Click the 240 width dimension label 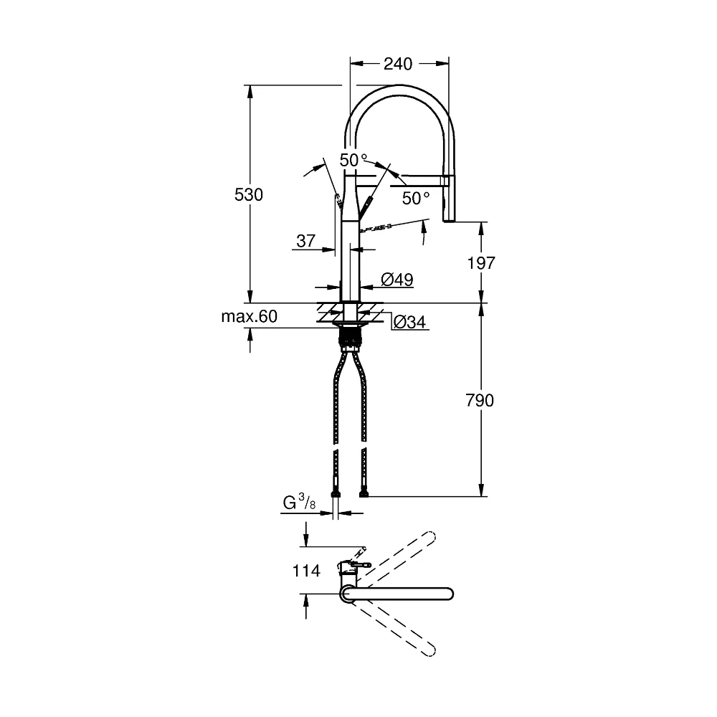click(x=397, y=64)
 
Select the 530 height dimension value click(x=249, y=195)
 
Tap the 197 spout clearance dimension click(x=481, y=263)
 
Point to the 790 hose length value click(x=480, y=400)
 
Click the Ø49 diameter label click(x=397, y=280)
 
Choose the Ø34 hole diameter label click(x=409, y=323)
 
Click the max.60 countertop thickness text click(x=250, y=316)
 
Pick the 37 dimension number click(x=306, y=240)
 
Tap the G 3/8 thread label click(x=300, y=503)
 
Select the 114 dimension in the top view click(x=306, y=571)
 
